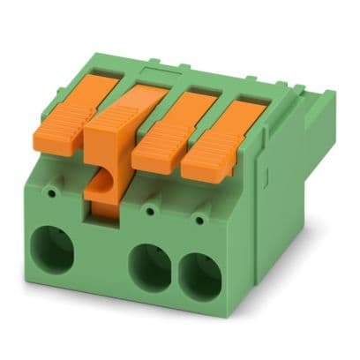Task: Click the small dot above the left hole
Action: [x=54, y=190]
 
